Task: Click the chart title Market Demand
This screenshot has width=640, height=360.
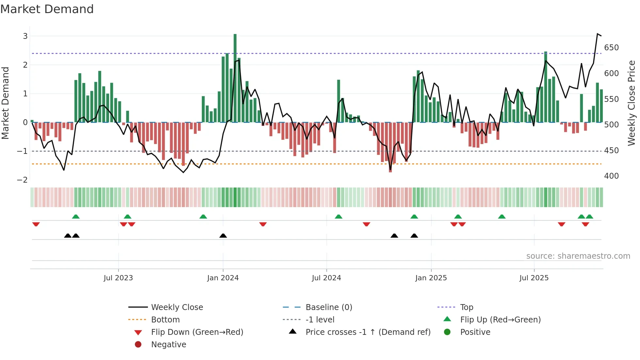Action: [x=47, y=9]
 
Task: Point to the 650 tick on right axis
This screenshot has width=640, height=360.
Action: [x=611, y=48]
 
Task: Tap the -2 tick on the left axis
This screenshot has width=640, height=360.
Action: [x=22, y=180]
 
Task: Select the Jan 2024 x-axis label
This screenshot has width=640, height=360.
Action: [x=223, y=278]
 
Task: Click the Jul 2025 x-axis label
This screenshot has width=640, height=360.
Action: [x=534, y=278]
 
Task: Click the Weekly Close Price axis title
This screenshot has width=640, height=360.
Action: [x=632, y=103]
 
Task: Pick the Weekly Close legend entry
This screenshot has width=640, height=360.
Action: [x=177, y=307]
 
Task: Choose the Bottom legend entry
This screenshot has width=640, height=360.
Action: [x=165, y=319]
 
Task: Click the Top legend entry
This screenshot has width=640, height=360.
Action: [x=467, y=307]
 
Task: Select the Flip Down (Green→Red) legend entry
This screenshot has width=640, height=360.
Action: [x=197, y=332]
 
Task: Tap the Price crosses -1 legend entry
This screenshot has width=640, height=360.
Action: [x=368, y=332]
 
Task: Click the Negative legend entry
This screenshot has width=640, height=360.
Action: [x=168, y=344]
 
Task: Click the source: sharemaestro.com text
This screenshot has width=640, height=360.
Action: [x=578, y=256]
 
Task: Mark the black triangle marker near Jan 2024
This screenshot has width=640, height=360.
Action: [x=223, y=236]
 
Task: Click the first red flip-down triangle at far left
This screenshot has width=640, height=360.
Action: [x=36, y=224]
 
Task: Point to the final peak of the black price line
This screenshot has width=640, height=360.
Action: [x=598, y=34]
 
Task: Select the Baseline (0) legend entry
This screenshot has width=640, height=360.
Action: [x=328, y=307]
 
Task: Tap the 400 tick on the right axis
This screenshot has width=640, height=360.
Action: [x=611, y=176]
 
